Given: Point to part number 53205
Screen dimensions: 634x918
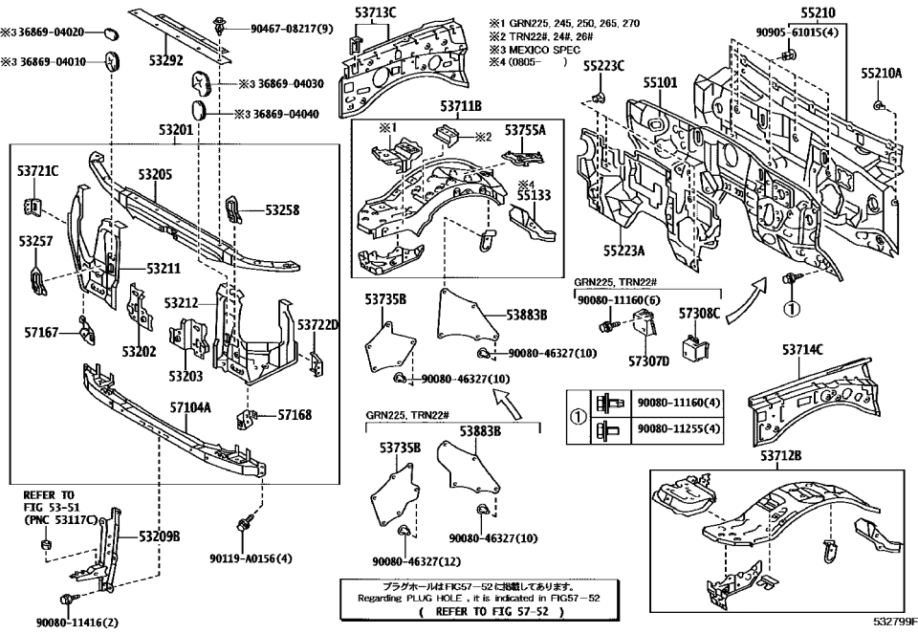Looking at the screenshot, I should click(154, 175).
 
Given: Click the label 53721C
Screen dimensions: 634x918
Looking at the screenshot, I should click(37, 171).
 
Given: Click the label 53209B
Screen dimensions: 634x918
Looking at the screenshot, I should click(159, 536).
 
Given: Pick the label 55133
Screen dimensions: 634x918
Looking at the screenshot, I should click(535, 194).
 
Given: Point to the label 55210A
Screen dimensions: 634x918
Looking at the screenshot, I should click(881, 73).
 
